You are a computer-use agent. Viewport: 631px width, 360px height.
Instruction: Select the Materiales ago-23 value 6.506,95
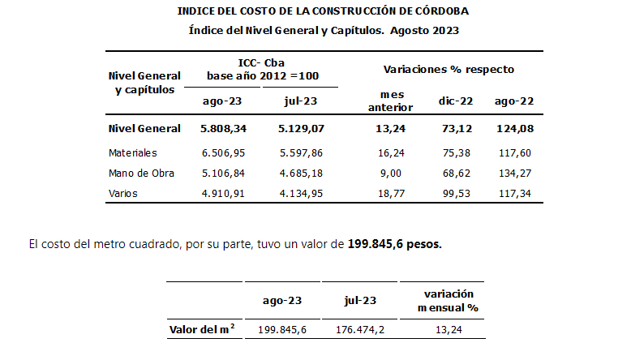pyautogui.click(x=225, y=152)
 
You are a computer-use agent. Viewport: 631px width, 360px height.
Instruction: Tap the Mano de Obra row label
pyautogui.click(x=141, y=173)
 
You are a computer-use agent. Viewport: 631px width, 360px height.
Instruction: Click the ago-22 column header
pyautogui.click(x=513, y=101)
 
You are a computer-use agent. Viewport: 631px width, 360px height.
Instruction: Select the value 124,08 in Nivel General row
pyautogui.click(x=513, y=129)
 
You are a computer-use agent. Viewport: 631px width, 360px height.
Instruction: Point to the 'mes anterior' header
pyautogui.click(x=391, y=101)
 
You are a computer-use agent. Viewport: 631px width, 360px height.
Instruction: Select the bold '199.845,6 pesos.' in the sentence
pyautogui.click(x=396, y=244)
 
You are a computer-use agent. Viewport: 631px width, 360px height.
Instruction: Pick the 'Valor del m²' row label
pyautogui.click(x=202, y=329)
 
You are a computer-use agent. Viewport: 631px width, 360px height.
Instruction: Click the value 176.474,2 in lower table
pyautogui.click(x=360, y=330)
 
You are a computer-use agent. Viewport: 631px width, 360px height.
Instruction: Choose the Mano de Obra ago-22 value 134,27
pyautogui.click(x=513, y=173)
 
